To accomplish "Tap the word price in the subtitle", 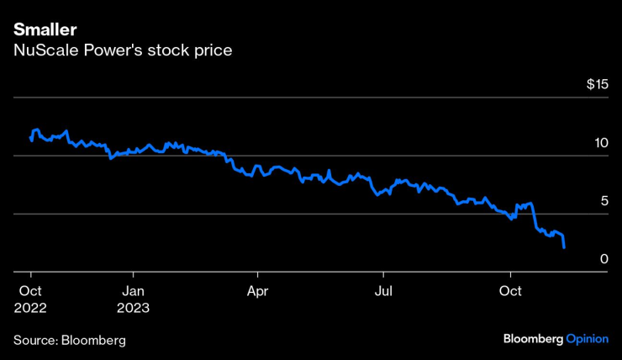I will [212, 50].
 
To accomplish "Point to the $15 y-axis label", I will [597, 85].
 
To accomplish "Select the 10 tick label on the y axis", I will [599, 143].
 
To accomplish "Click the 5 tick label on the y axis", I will [603, 201].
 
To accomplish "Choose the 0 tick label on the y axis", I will [603, 259].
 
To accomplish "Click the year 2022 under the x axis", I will [31, 308].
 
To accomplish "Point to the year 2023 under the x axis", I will [133, 308].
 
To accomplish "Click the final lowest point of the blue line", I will [564, 247].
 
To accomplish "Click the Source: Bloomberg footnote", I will [69, 340].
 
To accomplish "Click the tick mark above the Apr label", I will [257, 276].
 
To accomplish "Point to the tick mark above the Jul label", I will [383, 276].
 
